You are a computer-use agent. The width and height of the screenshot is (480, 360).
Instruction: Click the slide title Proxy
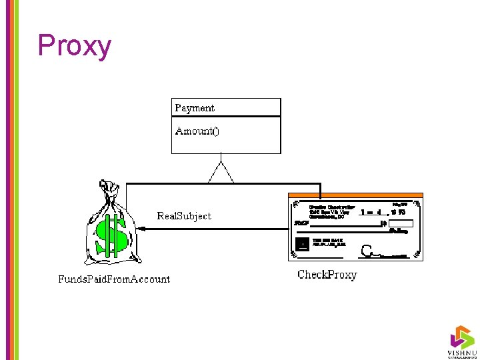tap(74, 46)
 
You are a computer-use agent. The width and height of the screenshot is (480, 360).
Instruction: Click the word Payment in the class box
tap(195, 107)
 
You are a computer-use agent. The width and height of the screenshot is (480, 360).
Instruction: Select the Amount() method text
tap(197, 131)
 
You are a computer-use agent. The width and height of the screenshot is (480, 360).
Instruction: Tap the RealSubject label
tap(184, 216)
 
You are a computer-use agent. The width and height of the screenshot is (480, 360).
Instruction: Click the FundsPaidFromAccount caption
tap(114, 279)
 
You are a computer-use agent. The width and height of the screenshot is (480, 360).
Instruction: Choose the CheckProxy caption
tap(327, 275)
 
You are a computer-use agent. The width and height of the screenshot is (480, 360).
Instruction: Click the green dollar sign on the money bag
tap(110, 236)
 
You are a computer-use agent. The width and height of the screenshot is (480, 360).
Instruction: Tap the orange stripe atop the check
tap(355, 195)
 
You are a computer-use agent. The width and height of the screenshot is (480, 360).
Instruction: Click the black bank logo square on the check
tap(302, 244)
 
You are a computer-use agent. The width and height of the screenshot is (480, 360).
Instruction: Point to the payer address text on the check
tap(331, 212)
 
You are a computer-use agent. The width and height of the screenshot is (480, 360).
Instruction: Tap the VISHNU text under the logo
tap(461, 351)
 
